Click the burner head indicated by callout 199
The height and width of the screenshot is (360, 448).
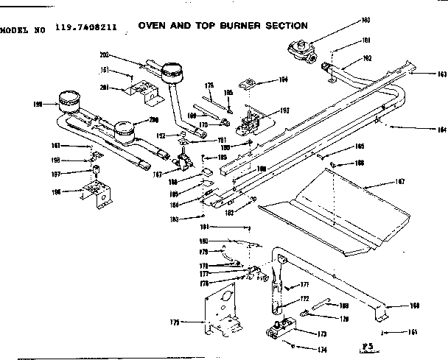point(69,99)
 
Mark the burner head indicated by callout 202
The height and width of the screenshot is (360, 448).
point(172,73)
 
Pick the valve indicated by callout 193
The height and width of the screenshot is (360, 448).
point(252,118)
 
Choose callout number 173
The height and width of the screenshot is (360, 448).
point(321,333)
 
